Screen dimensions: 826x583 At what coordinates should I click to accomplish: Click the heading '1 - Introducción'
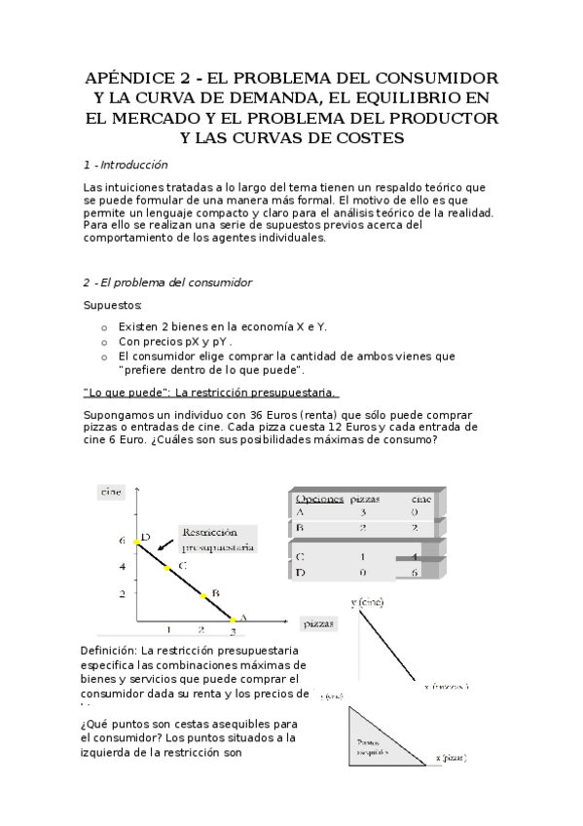(x=126, y=166)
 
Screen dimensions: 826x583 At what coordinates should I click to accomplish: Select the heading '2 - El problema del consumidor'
(x=166, y=282)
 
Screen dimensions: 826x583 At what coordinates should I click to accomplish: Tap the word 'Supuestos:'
(x=113, y=305)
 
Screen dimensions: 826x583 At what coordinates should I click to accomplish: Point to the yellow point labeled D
(x=136, y=542)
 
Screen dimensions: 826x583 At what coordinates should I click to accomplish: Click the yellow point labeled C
(x=166, y=569)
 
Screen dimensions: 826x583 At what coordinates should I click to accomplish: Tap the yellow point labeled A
(x=232, y=619)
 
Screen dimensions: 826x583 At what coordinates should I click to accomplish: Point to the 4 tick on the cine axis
(x=123, y=566)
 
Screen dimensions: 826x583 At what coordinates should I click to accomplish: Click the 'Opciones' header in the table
(x=319, y=498)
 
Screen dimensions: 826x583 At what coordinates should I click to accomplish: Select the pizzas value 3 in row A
(x=363, y=511)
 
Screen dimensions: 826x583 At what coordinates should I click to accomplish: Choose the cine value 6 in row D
(x=416, y=573)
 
